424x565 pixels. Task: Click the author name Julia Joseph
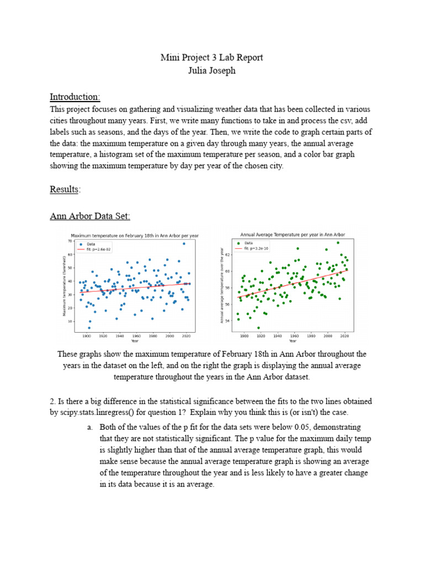coord(211,71)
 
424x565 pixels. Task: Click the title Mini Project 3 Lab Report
coord(211,57)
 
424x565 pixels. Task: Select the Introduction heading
coord(75,97)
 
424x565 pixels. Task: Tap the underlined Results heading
coord(65,189)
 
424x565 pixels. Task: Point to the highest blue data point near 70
coord(184,243)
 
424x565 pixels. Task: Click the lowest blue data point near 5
coord(89,328)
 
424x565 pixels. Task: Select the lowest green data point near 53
coord(258,328)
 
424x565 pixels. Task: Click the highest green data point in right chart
coord(338,243)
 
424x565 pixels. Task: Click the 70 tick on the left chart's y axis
coord(70,242)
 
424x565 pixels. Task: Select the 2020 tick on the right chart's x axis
coord(344,335)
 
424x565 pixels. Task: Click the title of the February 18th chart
coord(135,236)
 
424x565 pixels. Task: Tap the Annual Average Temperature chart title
coord(293,234)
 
